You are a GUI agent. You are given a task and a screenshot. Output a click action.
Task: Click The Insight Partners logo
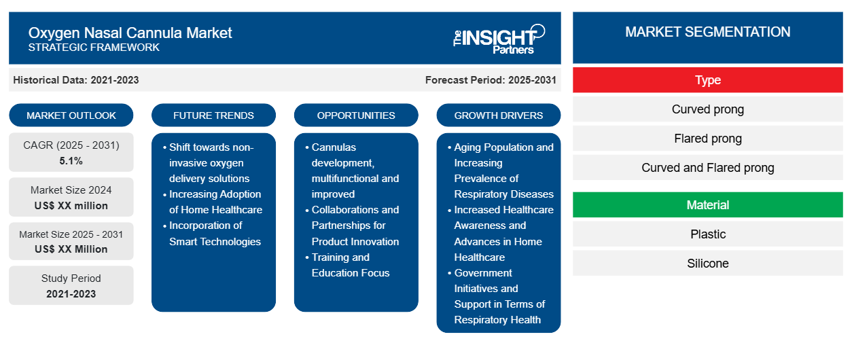(x=499, y=39)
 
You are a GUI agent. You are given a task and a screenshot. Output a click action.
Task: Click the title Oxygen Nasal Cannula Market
(x=130, y=33)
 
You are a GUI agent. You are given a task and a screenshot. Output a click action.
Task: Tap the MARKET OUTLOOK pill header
(x=71, y=115)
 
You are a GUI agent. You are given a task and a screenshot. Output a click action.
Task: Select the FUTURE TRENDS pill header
(x=213, y=115)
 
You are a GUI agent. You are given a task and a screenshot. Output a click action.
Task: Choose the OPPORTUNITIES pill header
(x=356, y=115)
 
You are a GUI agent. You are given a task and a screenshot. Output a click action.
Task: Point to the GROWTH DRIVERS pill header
(x=498, y=115)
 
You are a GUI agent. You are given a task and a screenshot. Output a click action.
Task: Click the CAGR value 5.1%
(x=71, y=161)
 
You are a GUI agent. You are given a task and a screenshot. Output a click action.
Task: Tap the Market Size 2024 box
(x=71, y=197)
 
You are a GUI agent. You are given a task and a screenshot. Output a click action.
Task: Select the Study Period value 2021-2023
(x=71, y=294)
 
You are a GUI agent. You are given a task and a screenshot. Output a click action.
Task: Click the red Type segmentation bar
(x=708, y=80)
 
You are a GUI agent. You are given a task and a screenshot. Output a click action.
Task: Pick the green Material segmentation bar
(x=708, y=205)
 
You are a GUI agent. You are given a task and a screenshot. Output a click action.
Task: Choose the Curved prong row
(x=708, y=109)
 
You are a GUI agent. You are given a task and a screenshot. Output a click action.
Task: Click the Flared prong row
(x=708, y=139)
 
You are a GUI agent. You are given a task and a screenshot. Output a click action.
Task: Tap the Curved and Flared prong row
(x=708, y=168)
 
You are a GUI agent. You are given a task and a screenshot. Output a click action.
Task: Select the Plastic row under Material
(x=708, y=234)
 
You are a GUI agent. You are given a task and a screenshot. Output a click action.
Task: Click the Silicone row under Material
(x=708, y=263)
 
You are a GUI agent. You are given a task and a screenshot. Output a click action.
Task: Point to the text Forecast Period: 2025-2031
(x=491, y=80)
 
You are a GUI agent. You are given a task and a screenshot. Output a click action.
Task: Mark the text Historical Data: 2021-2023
(x=76, y=80)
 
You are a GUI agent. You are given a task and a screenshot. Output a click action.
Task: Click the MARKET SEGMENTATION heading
(x=708, y=32)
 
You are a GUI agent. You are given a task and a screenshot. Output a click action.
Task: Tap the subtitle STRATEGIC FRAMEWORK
(x=94, y=48)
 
